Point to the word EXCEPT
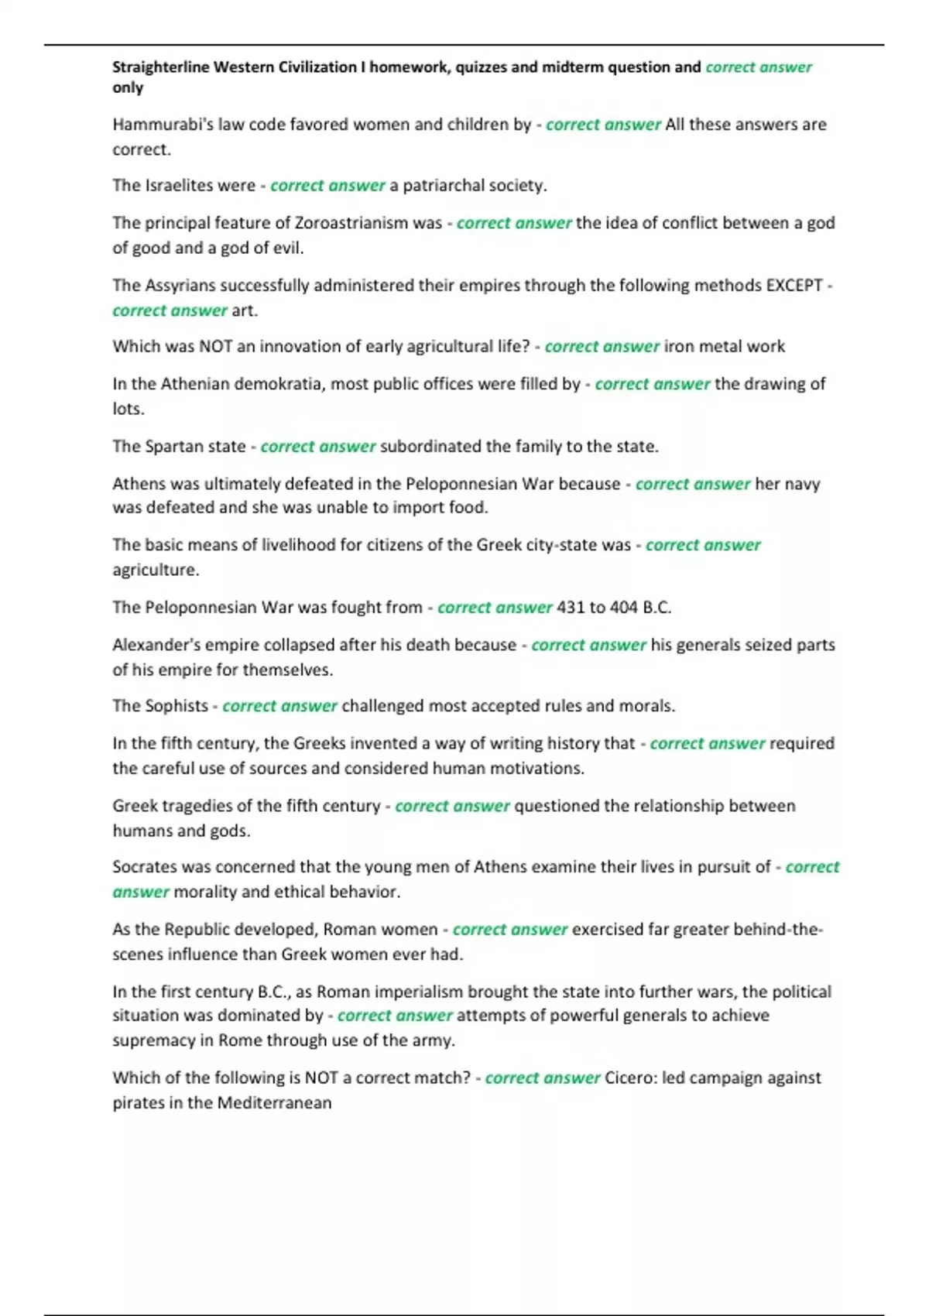(794, 286)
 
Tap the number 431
(571, 608)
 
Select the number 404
(623, 608)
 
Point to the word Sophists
(176, 706)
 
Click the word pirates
(136, 1103)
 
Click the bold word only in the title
(128, 87)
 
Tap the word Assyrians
(179, 286)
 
